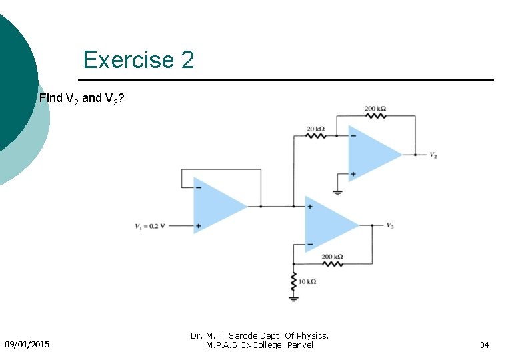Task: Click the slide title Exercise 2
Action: click(x=139, y=60)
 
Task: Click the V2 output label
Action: click(x=433, y=155)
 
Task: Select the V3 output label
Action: click(x=390, y=225)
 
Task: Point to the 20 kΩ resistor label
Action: click(x=315, y=129)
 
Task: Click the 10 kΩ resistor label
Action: click(x=307, y=282)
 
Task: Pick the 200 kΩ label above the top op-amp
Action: click(x=375, y=108)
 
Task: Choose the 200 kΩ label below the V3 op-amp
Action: click(x=332, y=257)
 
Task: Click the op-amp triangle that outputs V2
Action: click(x=372, y=155)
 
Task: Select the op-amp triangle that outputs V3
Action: click(x=329, y=225)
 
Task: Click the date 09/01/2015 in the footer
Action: click(x=27, y=345)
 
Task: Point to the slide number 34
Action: click(x=485, y=345)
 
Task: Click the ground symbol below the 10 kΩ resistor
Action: click(x=293, y=298)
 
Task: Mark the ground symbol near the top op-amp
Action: click(x=337, y=192)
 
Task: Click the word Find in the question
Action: click(x=50, y=98)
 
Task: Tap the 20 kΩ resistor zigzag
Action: click(x=315, y=136)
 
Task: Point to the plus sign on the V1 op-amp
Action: click(x=198, y=226)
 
